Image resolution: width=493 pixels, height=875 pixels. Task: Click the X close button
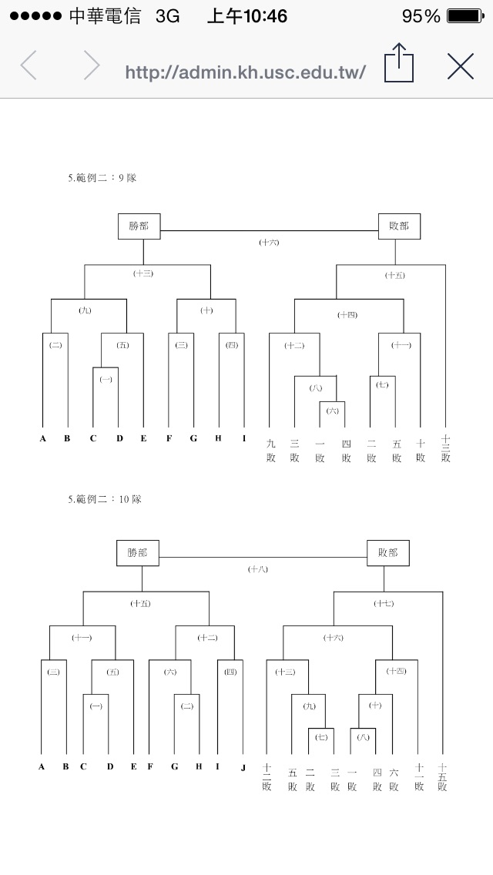coord(461,67)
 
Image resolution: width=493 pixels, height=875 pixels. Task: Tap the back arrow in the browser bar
coord(29,66)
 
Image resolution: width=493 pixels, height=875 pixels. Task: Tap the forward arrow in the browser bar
coord(92,66)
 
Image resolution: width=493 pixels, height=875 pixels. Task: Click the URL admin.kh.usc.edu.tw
coord(245,72)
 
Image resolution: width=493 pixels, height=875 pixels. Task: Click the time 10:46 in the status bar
coord(247,16)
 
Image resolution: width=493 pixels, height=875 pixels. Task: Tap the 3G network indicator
coord(167,16)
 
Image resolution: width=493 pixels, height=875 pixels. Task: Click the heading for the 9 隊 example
coord(102,178)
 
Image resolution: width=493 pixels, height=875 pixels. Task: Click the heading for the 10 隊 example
coord(105,499)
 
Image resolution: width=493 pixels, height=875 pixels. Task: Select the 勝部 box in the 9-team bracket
coord(139,226)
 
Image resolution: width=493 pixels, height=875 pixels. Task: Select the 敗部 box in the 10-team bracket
coord(387,553)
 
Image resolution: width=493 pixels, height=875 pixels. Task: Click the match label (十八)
coord(258,569)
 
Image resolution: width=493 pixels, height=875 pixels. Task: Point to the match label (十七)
coord(384,603)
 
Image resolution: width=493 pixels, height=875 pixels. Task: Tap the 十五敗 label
coord(442,776)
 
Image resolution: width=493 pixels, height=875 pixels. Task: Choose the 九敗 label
coord(270,450)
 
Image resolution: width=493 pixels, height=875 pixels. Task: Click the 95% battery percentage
coord(421,16)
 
